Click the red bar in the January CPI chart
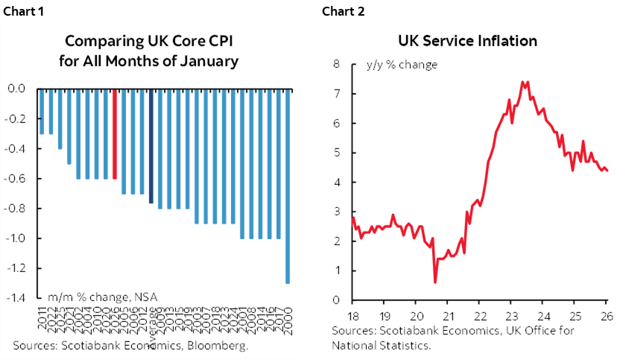click(x=115, y=133)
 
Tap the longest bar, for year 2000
click(x=288, y=186)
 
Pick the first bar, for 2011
click(x=42, y=111)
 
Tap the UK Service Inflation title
click(x=467, y=41)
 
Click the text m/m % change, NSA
click(x=103, y=295)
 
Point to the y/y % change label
click(x=401, y=65)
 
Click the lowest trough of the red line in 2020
click(x=435, y=282)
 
